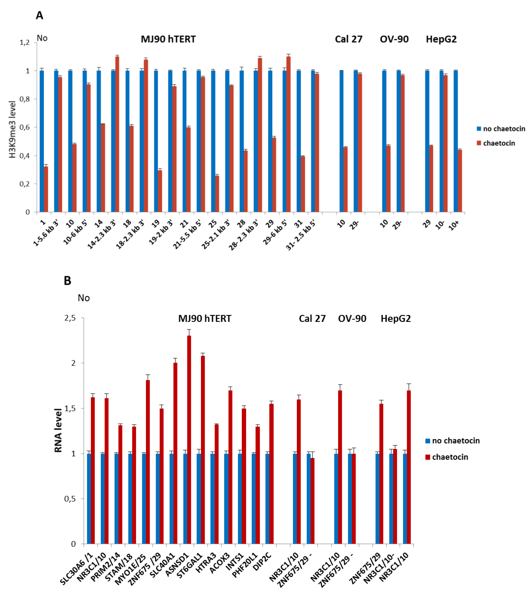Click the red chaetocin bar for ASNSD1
click(189, 439)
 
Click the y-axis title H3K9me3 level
click(12, 129)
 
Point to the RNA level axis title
click(58, 430)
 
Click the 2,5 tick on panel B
click(70, 318)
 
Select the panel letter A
click(40, 15)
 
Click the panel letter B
click(67, 281)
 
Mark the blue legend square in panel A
click(479, 129)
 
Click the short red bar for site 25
click(217, 193)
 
